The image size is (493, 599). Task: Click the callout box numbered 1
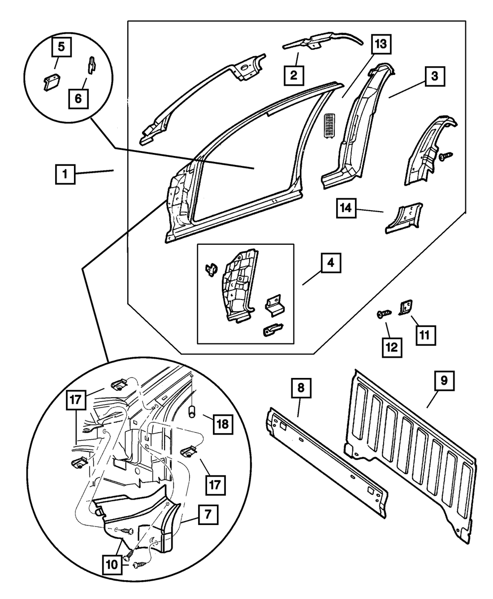pos(66,175)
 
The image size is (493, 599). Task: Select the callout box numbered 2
pos(294,75)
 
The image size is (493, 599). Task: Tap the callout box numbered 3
pos(434,77)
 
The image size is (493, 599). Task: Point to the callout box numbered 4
pos(331,263)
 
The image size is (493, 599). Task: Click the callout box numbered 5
pos(61,48)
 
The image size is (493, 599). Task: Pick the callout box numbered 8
pos(301,388)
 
